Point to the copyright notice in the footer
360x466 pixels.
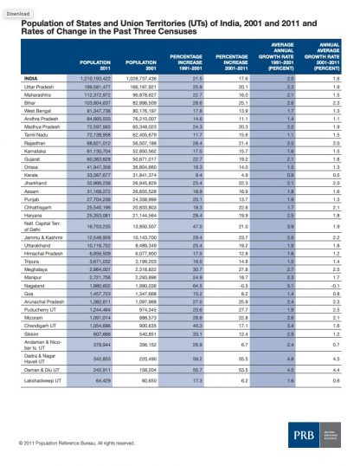tap(72, 443)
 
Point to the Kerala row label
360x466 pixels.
tap(32, 175)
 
